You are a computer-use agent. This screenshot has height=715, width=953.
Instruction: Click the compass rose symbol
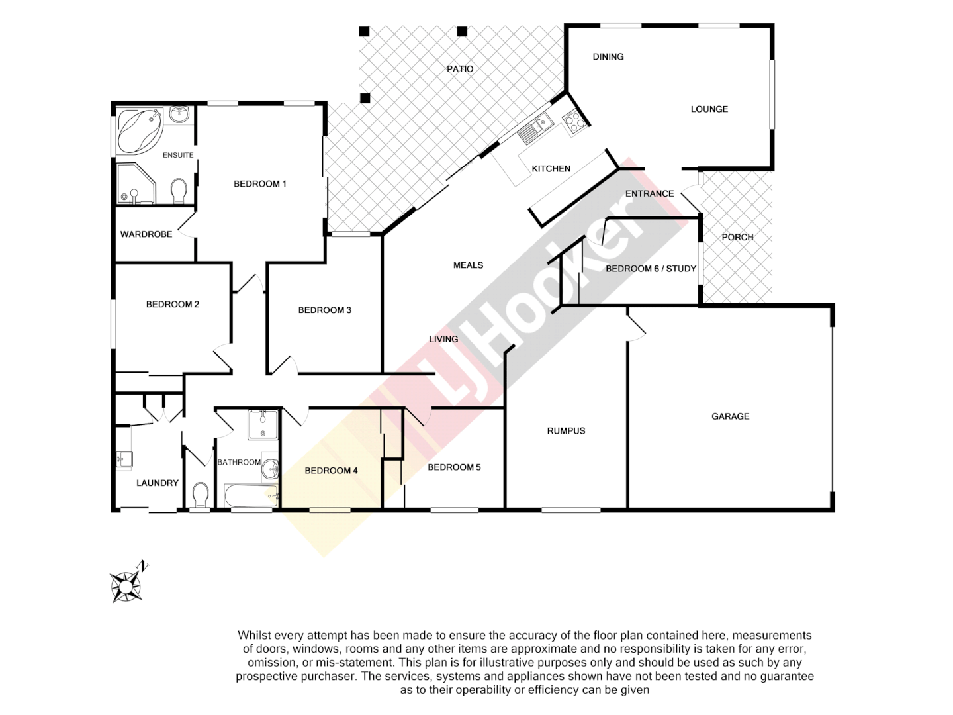(126, 586)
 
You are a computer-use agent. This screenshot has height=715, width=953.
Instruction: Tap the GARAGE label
(730, 416)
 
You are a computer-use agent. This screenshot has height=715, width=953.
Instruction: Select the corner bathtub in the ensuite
(140, 131)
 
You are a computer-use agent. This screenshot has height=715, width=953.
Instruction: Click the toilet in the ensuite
(178, 191)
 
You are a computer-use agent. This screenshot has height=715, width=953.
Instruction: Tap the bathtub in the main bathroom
(251, 495)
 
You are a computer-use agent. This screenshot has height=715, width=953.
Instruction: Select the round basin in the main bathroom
(270, 470)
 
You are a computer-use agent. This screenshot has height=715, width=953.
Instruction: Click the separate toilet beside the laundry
(200, 494)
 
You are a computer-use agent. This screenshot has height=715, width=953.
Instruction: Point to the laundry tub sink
(124, 459)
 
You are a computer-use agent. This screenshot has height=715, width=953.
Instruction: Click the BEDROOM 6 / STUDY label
(651, 269)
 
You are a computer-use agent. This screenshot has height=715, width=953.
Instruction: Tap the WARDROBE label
(146, 234)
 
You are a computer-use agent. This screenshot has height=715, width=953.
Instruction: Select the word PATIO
(460, 69)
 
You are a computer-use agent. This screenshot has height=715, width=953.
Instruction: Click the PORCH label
(737, 237)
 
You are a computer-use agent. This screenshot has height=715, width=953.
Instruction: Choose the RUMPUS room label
(566, 431)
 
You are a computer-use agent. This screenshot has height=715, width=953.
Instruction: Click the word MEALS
(468, 265)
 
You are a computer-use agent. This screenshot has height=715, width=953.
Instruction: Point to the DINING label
(608, 57)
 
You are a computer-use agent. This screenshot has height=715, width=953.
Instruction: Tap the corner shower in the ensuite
(135, 184)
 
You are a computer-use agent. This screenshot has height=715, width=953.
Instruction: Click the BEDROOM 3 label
(324, 310)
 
